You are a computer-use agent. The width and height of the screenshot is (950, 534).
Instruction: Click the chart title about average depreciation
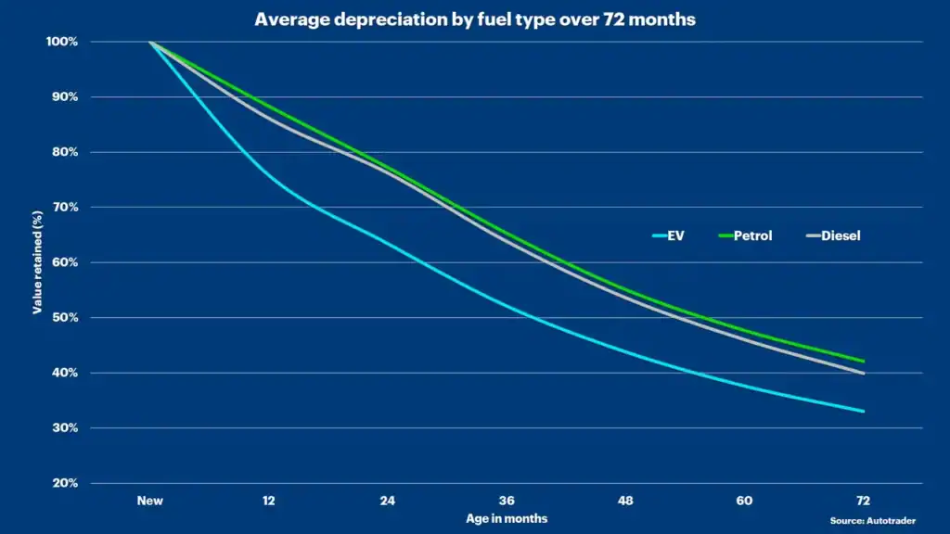(475, 19)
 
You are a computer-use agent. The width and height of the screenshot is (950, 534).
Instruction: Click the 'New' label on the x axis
(150, 501)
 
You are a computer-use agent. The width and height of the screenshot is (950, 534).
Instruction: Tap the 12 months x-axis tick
(269, 501)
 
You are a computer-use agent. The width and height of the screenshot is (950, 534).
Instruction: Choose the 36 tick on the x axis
(507, 501)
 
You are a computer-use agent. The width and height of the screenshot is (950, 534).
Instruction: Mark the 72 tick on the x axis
(864, 501)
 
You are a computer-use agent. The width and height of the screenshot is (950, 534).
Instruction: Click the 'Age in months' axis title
(507, 519)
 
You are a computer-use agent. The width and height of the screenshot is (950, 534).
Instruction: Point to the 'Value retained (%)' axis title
(38, 262)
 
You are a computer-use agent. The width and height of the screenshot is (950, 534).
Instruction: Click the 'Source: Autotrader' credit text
(872, 521)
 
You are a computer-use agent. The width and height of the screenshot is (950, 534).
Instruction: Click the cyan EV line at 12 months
(269, 174)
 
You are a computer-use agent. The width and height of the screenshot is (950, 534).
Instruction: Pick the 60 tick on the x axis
(744, 501)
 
